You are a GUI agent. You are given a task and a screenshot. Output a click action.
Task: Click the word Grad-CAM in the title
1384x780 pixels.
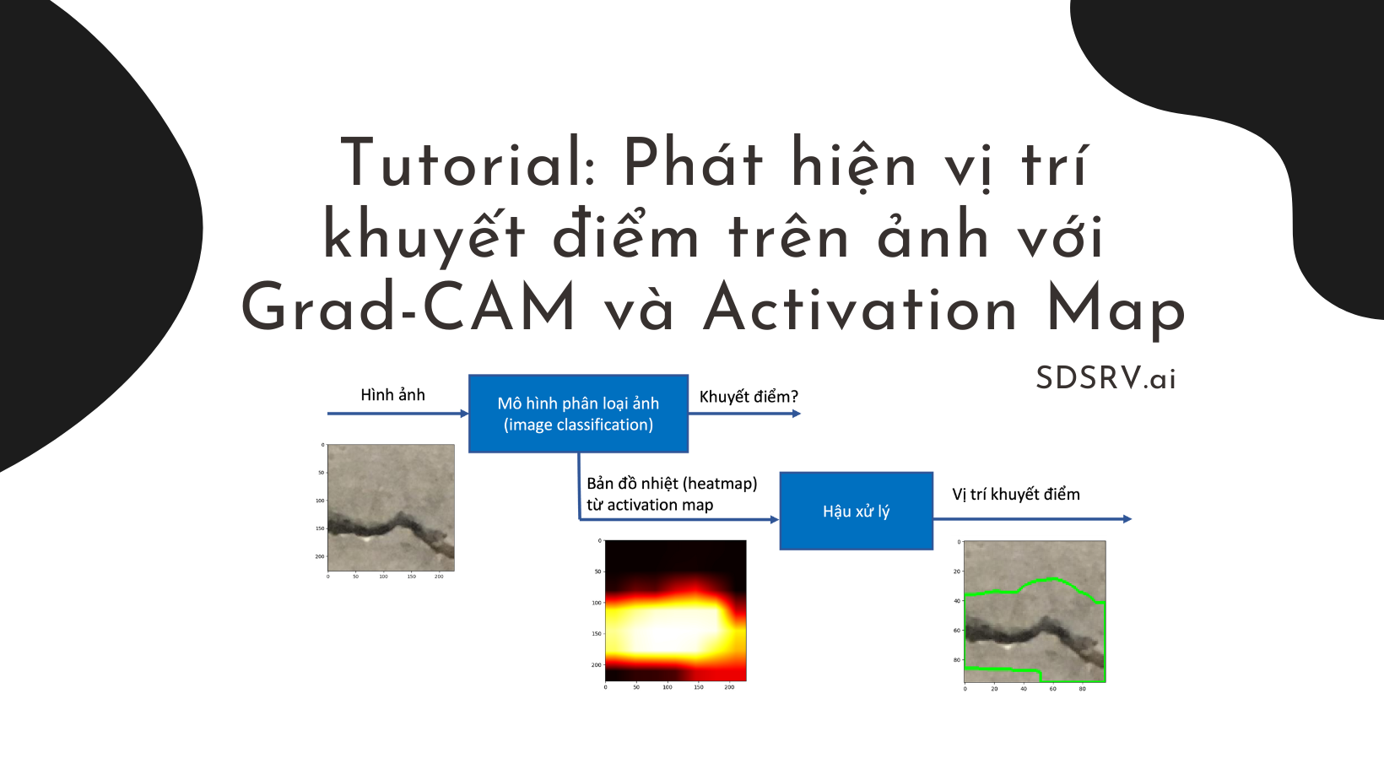pyautogui.click(x=408, y=308)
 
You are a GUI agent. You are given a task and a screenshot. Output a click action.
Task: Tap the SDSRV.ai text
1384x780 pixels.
pyautogui.click(x=1106, y=378)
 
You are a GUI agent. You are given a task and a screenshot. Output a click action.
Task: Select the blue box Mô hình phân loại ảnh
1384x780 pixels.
pyautogui.click(x=578, y=414)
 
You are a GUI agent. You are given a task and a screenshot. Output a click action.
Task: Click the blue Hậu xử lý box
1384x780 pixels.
pyautogui.click(x=856, y=511)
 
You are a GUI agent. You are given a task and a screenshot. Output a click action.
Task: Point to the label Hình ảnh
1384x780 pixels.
pyautogui.click(x=392, y=395)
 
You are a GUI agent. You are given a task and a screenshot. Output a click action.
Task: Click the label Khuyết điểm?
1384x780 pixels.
pyautogui.click(x=748, y=397)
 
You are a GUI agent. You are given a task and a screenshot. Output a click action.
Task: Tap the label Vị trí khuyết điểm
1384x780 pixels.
pyautogui.click(x=1015, y=494)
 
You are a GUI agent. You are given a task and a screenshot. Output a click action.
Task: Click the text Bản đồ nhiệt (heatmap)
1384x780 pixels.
pyautogui.click(x=672, y=484)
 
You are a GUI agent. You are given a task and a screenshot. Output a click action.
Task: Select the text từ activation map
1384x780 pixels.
pyautogui.click(x=650, y=505)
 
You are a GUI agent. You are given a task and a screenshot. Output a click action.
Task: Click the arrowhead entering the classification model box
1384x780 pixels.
pyautogui.click(x=463, y=414)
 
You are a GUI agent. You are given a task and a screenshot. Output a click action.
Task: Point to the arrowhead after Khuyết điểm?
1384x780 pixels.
pyautogui.click(x=796, y=414)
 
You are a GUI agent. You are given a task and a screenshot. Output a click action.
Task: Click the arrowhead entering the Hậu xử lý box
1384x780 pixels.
pyautogui.click(x=774, y=519)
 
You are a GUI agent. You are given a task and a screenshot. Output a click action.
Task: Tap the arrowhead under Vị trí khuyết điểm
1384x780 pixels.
pyautogui.click(x=1127, y=519)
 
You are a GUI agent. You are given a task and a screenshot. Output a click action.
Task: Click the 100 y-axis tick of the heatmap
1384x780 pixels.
pyautogui.click(x=597, y=603)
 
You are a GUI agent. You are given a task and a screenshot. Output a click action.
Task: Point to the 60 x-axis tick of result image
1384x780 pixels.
pyautogui.click(x=1052, y=689)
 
